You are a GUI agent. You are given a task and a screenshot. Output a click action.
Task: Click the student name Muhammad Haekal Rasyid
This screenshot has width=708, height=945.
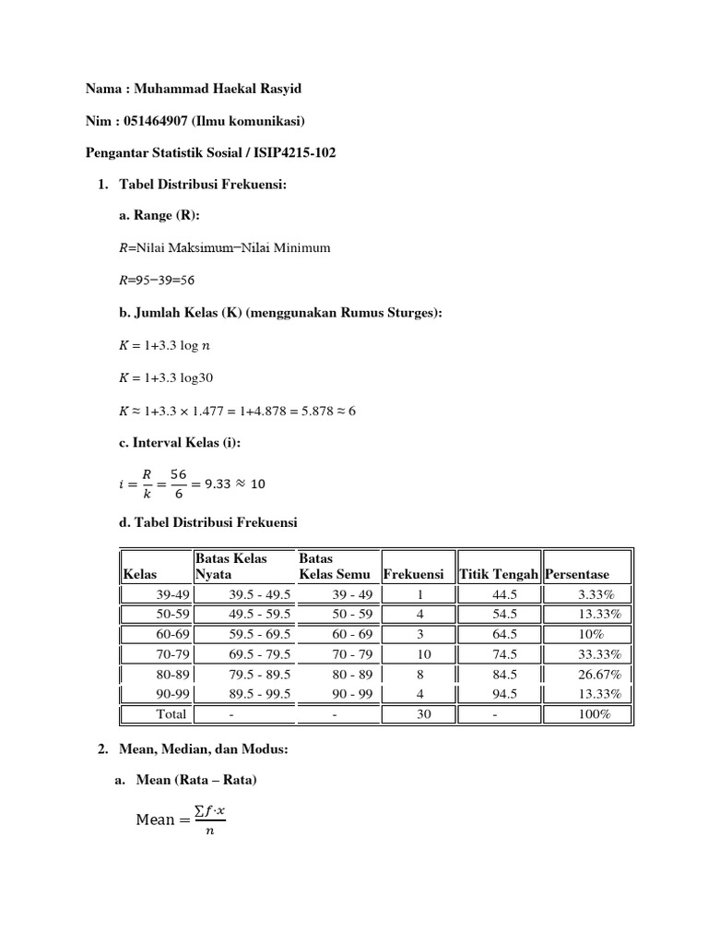coord(218,90)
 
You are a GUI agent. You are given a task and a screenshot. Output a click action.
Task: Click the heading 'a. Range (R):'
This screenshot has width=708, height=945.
coord(159,216)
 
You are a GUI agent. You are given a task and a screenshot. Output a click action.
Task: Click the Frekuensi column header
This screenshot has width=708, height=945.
coord(413,575)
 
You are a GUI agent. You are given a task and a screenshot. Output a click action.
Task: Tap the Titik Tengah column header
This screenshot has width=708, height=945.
coord(499,575)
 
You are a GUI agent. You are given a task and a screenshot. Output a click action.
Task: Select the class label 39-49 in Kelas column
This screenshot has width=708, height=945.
coord(172,594)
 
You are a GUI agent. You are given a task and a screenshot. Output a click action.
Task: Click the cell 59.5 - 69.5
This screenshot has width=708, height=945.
coord(260,634)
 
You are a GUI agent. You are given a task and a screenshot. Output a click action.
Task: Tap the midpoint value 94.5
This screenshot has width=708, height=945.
coord(504,694)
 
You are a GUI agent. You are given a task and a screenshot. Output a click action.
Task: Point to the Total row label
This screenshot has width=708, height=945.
coord(171,714)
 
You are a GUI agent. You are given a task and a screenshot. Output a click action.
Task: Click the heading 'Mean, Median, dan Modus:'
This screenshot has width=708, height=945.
coord(204,750)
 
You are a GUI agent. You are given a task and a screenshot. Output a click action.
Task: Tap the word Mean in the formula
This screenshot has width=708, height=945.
coord(155,819)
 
